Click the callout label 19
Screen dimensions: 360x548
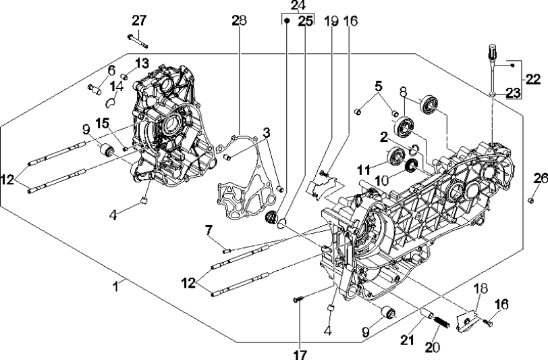coord(331,21)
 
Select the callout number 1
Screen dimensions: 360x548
coord(116,286)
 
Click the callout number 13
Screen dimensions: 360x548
coord(142,63)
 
